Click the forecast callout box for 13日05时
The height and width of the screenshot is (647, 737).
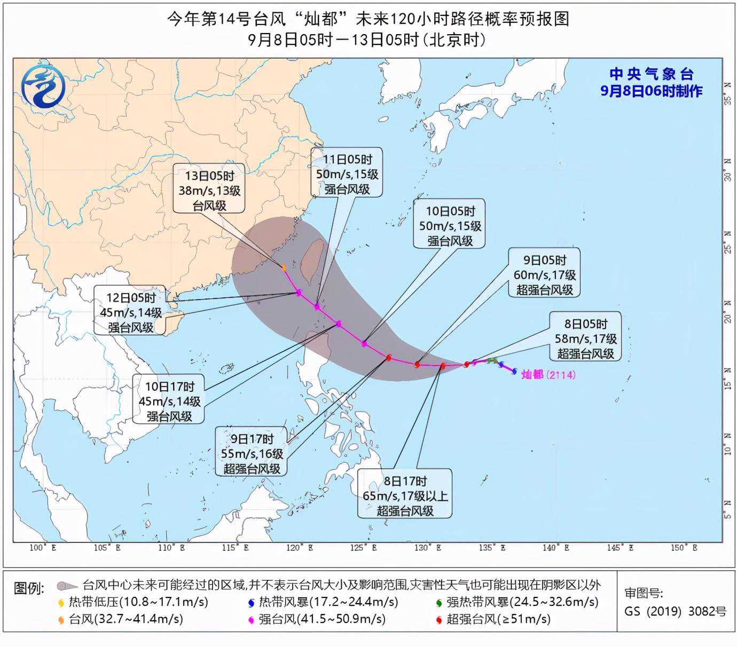[x=209, y=191]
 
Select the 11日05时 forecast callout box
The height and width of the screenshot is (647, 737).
[x=347, y=174]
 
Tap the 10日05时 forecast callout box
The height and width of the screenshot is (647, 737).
[x=450, y=226]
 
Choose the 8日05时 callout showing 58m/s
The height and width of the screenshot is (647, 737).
[x=585, y=338]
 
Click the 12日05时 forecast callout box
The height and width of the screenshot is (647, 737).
[x=131, y=312]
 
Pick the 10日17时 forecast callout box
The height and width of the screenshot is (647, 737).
[x=169, y=401]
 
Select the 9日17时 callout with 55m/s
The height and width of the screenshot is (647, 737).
[x=252, y=454]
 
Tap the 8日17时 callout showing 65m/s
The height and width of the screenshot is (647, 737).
[x=405, y=495]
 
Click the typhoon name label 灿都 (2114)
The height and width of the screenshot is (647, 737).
[x=548, y=375]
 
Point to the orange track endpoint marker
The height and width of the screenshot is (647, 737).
[x=284, y=267]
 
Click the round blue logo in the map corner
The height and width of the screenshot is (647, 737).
[x=43, y=86]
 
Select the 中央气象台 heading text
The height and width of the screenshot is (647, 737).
[x=651, y=74]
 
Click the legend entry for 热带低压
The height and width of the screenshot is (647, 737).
[x=133, y=602]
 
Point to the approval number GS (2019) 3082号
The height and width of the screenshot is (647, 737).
[x=675, y=611]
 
